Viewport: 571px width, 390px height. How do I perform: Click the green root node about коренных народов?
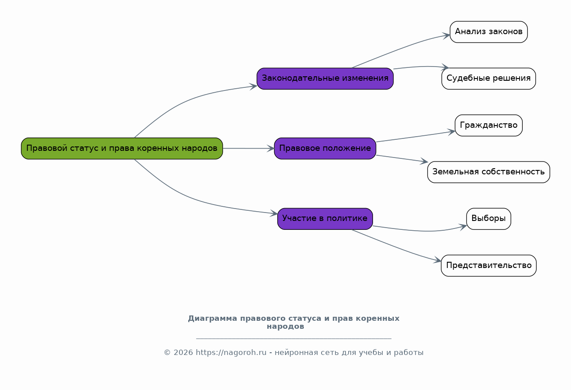tap(122, 149)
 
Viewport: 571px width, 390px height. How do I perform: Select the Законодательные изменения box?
tap(325, 79)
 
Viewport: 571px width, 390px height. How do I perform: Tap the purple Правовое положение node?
tap(325, 149)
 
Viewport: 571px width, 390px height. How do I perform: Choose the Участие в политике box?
tap(325, 219)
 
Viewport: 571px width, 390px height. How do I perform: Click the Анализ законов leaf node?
tap(489, 32)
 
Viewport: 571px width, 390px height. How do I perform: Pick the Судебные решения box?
tap(489, 79)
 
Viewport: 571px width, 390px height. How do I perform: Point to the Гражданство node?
tap(489, 125)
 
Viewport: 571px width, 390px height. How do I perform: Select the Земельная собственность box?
tap(489, 172)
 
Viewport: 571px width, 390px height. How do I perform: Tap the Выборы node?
tap(489, 219)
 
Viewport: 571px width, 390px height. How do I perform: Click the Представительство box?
tap(489, 265)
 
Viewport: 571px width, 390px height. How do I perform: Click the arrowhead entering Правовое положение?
tap(271, 149)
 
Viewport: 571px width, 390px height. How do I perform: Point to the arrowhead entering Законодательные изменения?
tap(253, 86)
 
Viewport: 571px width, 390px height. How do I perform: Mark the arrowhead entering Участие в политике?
tap(274, 213)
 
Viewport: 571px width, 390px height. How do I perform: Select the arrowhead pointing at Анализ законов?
tap(446, 36)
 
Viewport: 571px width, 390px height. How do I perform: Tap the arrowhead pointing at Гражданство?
tap(451, 132)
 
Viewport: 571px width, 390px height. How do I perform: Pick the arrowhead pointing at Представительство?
tap(437, 260)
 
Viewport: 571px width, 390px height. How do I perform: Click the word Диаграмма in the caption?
tap(213, 319)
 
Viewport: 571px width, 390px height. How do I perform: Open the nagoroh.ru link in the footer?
tap(231, 352)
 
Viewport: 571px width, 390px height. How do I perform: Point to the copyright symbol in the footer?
tap(167, 353)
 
